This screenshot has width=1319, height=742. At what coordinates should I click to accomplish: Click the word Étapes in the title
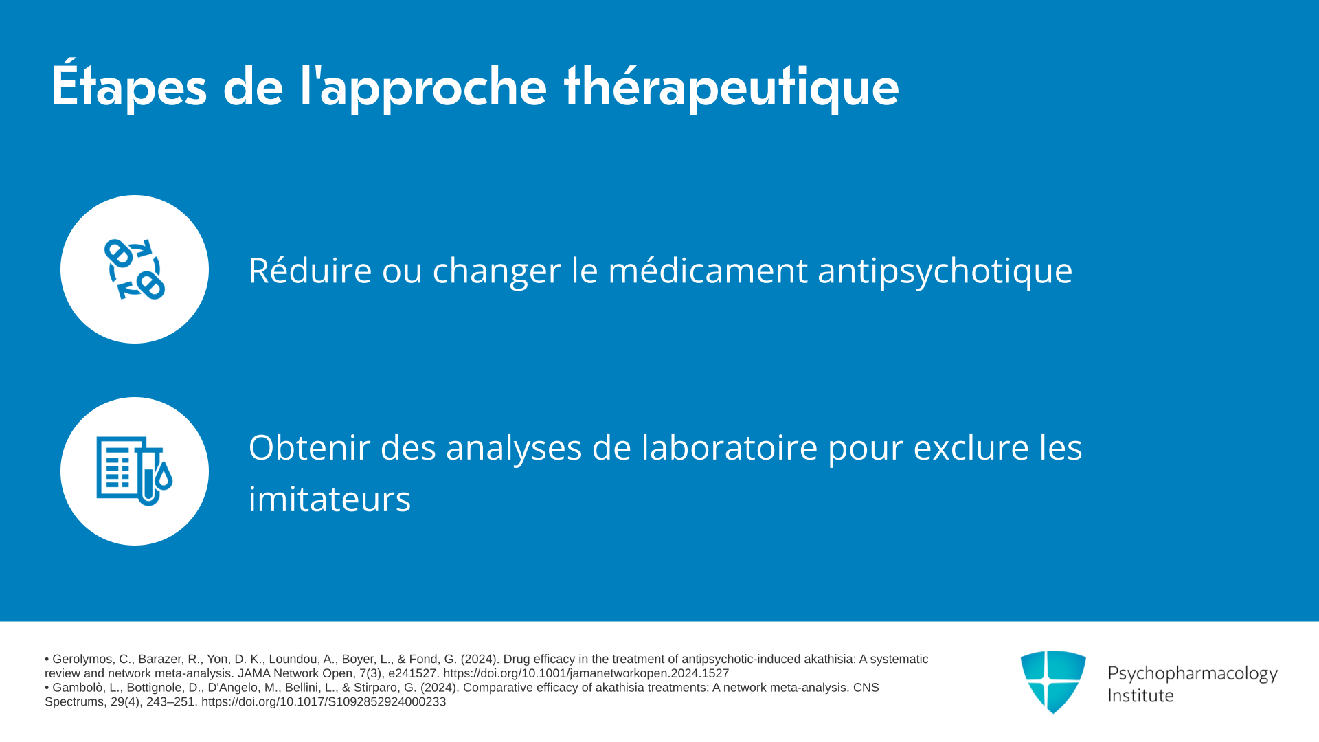pos(129,85)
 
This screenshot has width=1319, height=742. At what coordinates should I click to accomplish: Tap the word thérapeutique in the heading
pos(731,87)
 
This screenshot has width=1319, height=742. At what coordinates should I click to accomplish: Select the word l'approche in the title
pos(423,87)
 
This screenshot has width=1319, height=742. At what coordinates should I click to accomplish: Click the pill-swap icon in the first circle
pos(135,269)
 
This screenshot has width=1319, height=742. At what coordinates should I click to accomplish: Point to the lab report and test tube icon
pos(135,471)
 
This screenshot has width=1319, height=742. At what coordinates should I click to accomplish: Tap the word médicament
pos(708,270)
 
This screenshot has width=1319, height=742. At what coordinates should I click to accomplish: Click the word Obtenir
pos(308,447)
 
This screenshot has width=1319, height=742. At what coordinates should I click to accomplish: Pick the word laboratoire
pos(730,447)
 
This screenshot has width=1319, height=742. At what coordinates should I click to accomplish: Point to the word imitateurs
pos(330,499)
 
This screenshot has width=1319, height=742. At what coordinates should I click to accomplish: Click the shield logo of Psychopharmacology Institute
pos(1053,682)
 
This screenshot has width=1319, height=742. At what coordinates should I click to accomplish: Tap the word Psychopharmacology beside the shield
pos(1193,674)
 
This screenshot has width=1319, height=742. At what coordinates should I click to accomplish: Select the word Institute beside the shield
pos(1140,695)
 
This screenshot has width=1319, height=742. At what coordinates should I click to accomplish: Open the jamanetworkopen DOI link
pos(586,674)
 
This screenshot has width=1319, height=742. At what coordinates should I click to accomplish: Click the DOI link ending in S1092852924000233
pos(324,702)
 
